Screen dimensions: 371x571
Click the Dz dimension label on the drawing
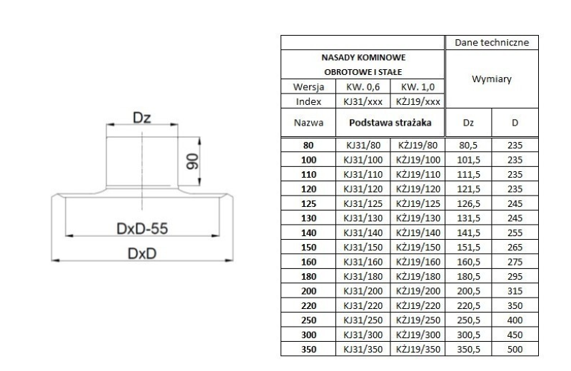[x=141, y=118]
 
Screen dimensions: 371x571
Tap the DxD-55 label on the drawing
[x=141, y=228]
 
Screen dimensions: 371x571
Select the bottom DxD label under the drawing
[x=141, y=255]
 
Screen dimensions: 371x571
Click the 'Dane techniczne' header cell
[x=491, y=43]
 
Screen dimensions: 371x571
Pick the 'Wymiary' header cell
[x=491, y=80]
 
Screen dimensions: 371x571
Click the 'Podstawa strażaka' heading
[x=390, y=122]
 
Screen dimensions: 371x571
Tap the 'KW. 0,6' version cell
[x=364, y=87]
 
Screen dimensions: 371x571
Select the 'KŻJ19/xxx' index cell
[x=419, y=101]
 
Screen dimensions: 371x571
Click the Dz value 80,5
[x=468, y=146]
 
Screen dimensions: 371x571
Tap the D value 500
[x=515, y=349]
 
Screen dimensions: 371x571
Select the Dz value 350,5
[x=468, y=349]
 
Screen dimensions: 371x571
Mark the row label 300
[x=309, y=335]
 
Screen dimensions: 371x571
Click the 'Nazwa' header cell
[x=309, y=122]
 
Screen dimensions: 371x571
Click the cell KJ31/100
[x=364, y=159]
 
